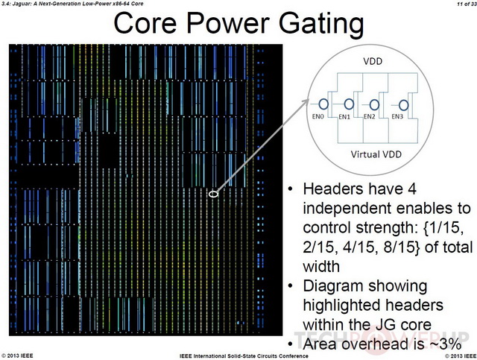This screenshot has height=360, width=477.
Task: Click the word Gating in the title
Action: click(x=321, y=25)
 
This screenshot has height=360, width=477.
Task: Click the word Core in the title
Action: click(x=145, y=23)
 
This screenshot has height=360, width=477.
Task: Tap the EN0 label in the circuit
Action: click(x=318, y=116)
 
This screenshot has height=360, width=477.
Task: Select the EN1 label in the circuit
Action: click(x=344, y=117)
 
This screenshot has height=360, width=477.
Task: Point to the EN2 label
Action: click(x=370, y=116)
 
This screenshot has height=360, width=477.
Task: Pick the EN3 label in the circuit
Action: click(x=397, y=116)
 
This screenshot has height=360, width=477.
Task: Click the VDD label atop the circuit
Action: click(x=373, y=61)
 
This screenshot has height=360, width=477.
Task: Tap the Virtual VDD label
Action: click(x=376, y=154)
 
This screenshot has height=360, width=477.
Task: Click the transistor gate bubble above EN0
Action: click(x=323, y=104)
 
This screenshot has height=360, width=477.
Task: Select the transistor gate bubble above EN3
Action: click(x=404, y=105)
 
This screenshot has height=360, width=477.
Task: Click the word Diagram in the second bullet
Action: click(x=334, y=287)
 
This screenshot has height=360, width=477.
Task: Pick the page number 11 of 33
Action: click(x=467, y=4)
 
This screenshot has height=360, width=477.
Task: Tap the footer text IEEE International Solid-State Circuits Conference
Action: click(x=244, y=356)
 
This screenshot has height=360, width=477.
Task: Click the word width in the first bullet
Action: click(x=321, y=267)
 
